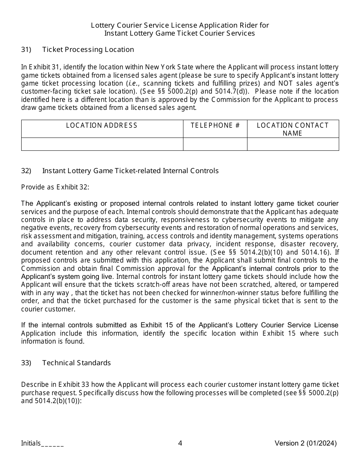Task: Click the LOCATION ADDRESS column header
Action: point(102,125)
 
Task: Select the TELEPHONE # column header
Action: point(215,125)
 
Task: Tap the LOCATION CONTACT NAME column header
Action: point(293,129)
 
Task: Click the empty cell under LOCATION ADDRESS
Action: point(102,144)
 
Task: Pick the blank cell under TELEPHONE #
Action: point(215,144)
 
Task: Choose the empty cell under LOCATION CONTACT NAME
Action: point(293,144)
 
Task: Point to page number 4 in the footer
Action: point(180,443)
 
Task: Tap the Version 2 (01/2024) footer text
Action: point(305,443)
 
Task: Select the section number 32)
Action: point(26,171)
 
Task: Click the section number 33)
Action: point(26,363)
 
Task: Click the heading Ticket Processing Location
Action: point(88,50)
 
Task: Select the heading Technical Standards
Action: point(77,363)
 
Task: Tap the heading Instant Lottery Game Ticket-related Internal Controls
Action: point(130,171)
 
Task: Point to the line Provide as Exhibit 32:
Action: point(55,187)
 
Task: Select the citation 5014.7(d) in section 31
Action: point(230,91)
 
